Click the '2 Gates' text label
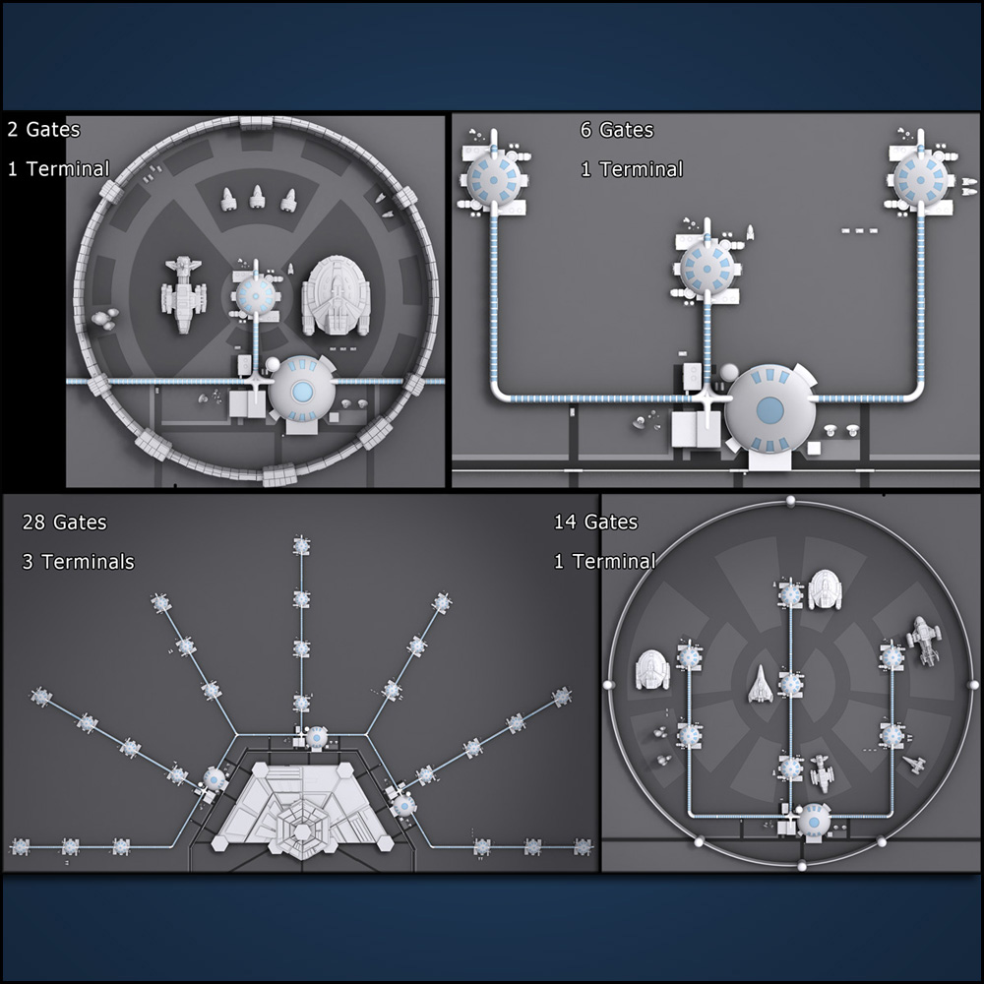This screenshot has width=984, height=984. tap(44, 130)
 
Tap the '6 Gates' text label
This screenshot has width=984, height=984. tap(617, 130)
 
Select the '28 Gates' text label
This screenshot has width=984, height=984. tap(64, 523)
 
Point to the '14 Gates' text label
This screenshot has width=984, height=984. tap(595, 523)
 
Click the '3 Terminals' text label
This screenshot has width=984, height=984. tap(78, 561)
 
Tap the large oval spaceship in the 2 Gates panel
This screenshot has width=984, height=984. tap(336, 296)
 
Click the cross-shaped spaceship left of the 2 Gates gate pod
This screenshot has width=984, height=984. tap(183, 293)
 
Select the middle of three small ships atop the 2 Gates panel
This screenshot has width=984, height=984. tap(257, 197)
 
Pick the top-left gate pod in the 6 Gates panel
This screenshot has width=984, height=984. tap(494, 180)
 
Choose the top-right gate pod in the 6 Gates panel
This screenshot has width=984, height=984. tap(921, 180)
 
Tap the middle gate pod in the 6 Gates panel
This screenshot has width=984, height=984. tap(707, 270)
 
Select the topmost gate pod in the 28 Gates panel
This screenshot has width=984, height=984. tap(302, 545)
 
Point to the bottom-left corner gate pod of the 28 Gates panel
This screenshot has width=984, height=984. tap(20, 847)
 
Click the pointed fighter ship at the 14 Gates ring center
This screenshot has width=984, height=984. tap(760, 684)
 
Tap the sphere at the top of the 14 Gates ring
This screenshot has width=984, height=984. tap(790, 501)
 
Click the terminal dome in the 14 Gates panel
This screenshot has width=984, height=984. tap(814, 822)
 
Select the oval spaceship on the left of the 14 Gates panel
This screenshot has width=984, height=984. tap(652, 669)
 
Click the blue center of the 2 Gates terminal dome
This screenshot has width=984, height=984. tap(302, 392)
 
